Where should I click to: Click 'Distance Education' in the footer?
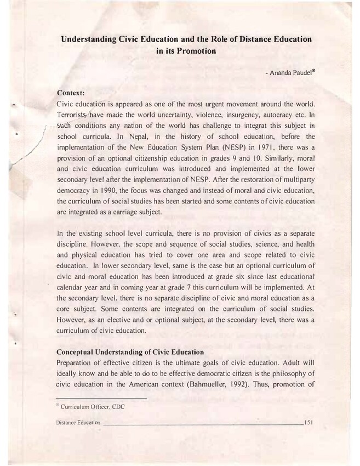coord(78,423)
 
